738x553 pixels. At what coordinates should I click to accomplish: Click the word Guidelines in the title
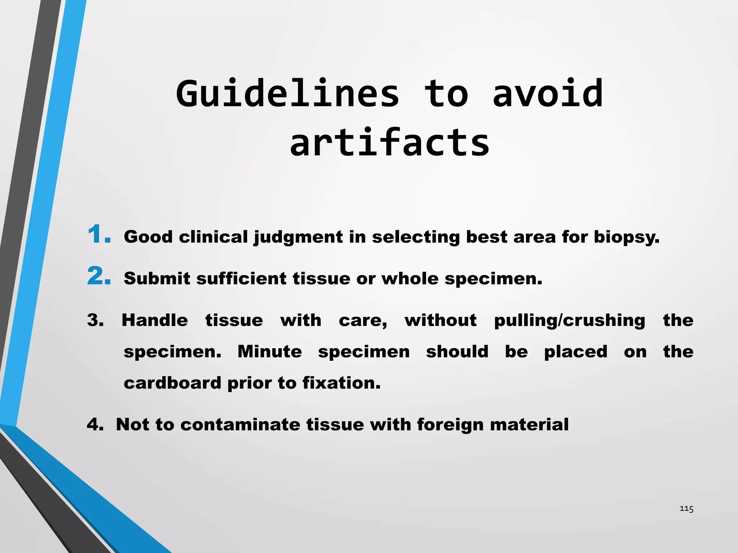[x=288, y=94]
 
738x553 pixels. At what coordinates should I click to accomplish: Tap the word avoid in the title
[x=548, y=94]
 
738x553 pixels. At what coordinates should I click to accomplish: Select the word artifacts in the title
[x=390, y=143]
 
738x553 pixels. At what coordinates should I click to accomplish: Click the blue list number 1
[x=98, y=235]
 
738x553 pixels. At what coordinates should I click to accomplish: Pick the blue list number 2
[x=99, y=276]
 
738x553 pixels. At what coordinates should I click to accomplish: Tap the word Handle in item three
[x=155, y=320]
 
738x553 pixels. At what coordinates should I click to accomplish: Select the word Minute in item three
[x=270, y=352]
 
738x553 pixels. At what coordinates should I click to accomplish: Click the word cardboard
[x=173, y=383]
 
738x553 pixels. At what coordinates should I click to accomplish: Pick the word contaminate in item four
[x=240, y=425]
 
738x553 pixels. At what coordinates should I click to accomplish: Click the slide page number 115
[x=686, y=509]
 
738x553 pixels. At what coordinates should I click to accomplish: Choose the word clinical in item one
[x=213, y=237]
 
